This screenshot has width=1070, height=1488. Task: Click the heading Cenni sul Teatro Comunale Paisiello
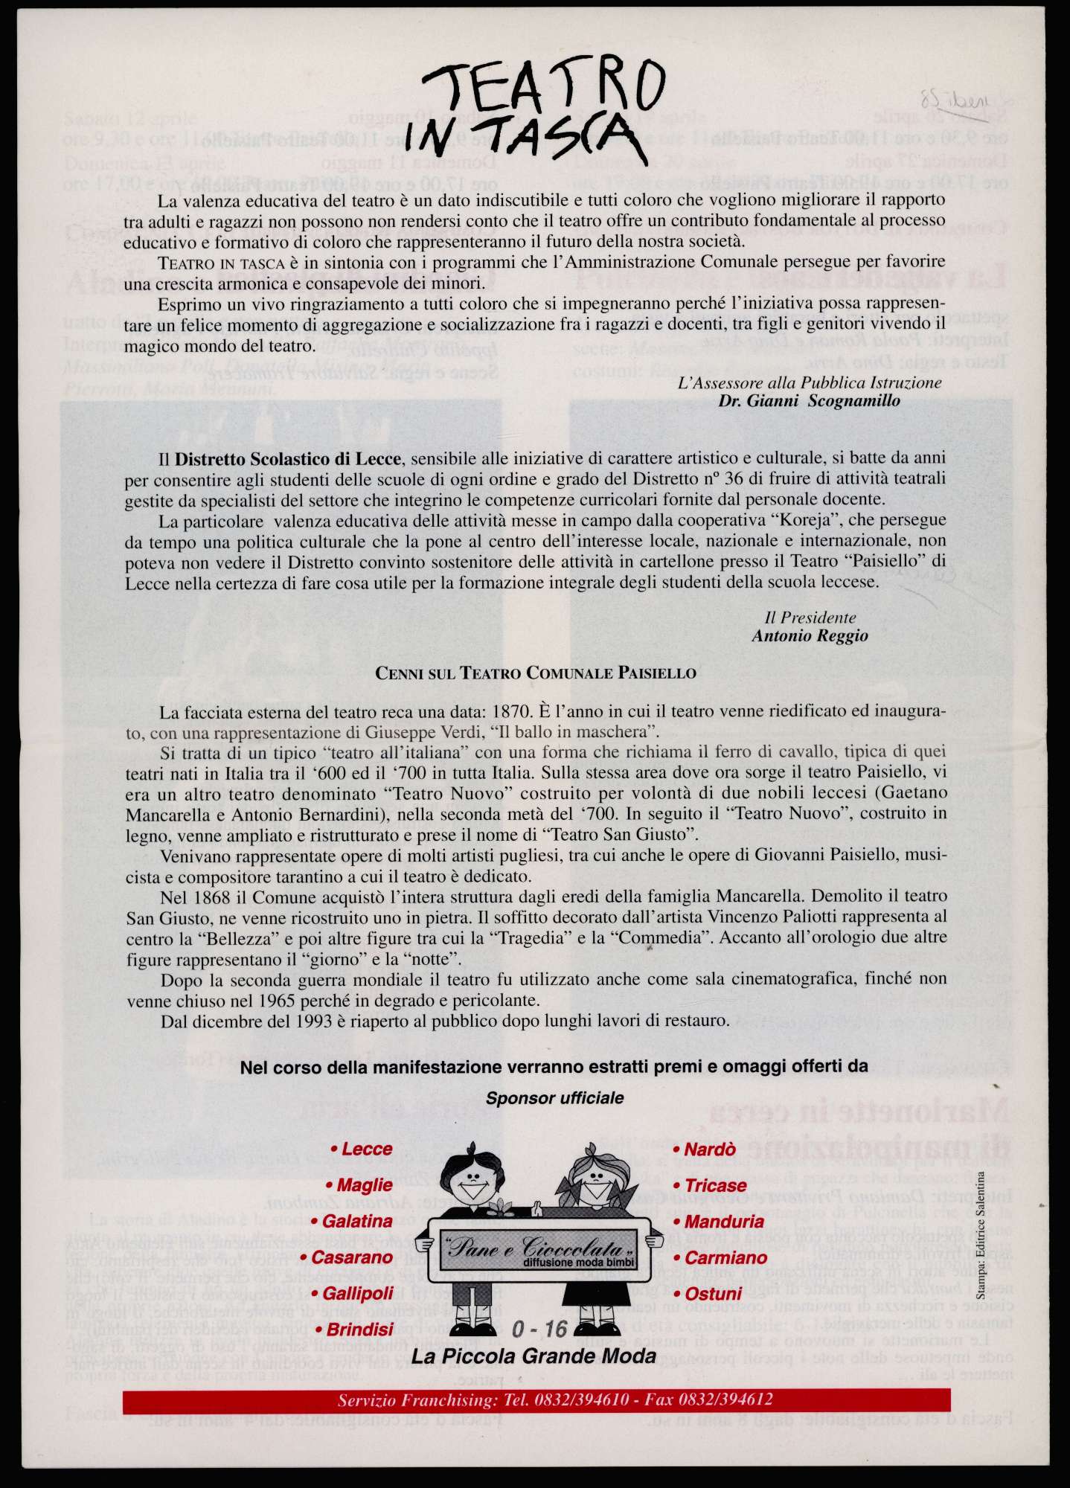pyautogui.click(x=536, y=673)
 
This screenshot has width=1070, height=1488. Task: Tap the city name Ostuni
pyautogui.click(x=713, y=1293)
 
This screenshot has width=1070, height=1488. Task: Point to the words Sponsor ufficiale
pyautogui.click(x=554, y=1097)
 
